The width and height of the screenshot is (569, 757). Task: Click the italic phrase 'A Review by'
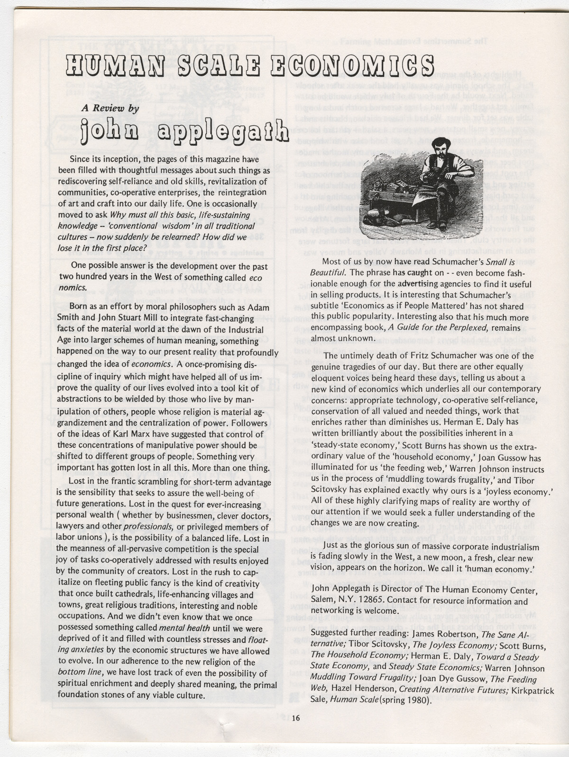pyautogui.click(x=110, y=108)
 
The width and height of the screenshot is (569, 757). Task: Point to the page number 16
pyautogui.click(x=296, y=718)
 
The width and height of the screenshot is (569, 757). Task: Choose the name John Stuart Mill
pyautogui.click(x=126, y=318)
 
